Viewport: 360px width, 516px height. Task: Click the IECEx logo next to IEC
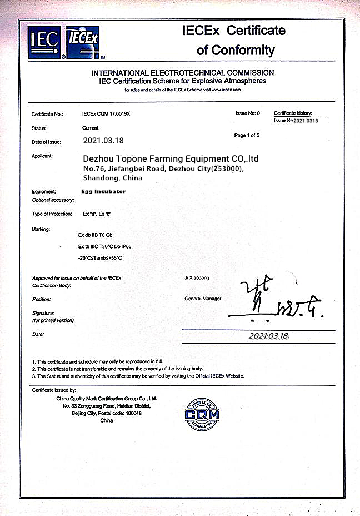coord(83,42)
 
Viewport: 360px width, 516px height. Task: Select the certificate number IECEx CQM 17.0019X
coord(106,113)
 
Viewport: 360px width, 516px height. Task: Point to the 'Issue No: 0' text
coord(247,113)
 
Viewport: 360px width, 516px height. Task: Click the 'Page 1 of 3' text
coord(247,135)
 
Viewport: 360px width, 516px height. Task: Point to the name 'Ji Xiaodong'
coord(197,277)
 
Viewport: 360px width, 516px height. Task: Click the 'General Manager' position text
coord(203,299)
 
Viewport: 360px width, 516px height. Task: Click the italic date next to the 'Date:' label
coord(269,336)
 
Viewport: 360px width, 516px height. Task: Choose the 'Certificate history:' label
coord(293,113)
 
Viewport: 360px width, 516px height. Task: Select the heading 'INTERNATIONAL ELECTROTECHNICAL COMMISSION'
coord(183,73)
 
